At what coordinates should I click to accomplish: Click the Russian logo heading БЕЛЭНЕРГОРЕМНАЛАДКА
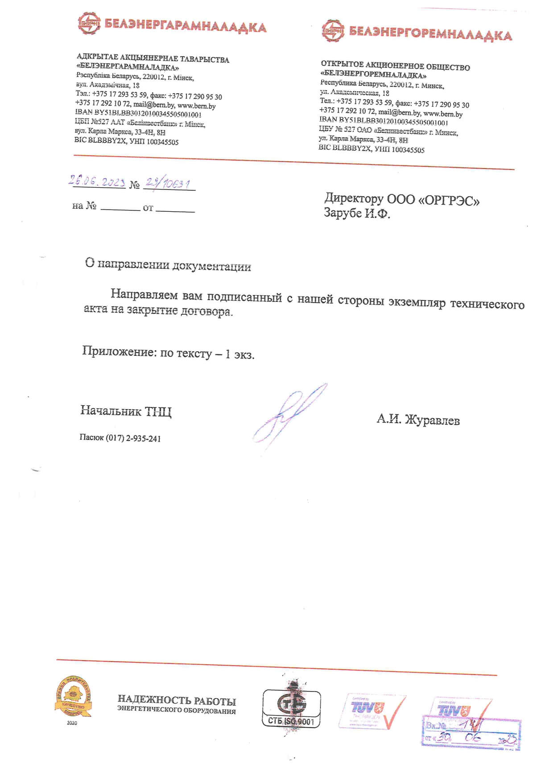[430, 33]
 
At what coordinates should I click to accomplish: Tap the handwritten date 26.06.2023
[97, 181]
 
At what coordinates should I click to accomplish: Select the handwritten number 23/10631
[169, 183]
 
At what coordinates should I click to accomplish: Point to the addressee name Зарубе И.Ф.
[357, 213]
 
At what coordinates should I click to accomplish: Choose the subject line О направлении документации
[168, 265]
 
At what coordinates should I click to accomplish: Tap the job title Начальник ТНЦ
[126, 411]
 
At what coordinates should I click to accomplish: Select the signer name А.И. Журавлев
[418, 420]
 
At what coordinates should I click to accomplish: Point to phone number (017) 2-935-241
[133, 439]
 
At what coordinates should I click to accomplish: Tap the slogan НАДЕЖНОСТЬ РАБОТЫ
[177, 700]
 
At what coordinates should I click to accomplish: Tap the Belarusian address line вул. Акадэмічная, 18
[107, 85]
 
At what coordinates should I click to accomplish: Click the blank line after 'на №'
[120, 208]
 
